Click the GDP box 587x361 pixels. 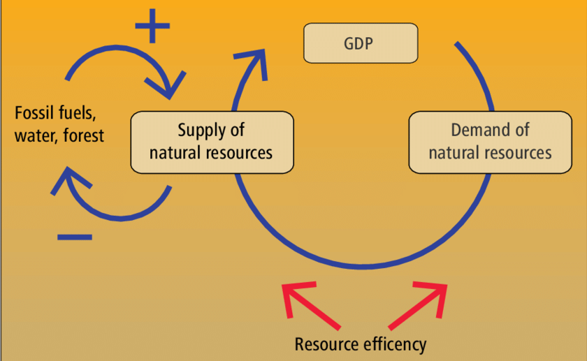coord(360,43)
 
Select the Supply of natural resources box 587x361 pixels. coord(212,142)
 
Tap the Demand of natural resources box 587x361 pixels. coord(490,142)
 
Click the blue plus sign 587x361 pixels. coord(152,27)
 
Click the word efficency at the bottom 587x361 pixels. coord(394,344)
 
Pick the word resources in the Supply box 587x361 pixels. coord(241,152)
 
